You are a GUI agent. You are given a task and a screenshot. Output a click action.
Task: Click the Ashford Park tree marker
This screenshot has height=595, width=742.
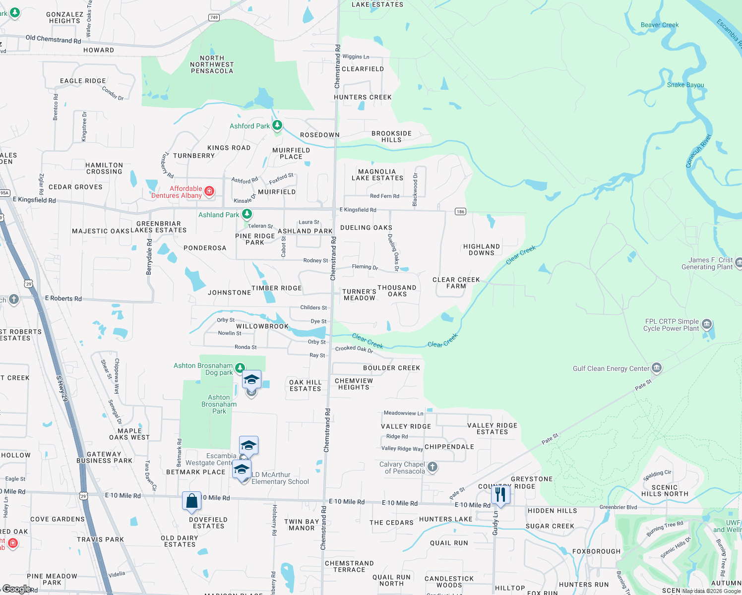277,125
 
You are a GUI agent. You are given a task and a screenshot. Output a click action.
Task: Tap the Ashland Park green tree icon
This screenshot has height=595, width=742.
247,214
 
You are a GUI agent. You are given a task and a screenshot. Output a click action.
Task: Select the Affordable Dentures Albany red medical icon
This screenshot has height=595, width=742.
209,191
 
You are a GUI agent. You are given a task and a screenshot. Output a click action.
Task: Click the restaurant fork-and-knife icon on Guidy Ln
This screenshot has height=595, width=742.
500,494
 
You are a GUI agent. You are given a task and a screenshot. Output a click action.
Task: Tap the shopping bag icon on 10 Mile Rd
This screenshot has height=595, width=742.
191,501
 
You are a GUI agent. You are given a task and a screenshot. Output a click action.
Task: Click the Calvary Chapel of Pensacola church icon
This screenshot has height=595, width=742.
433,467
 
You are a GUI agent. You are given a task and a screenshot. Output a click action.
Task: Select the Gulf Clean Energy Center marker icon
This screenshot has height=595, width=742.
657,367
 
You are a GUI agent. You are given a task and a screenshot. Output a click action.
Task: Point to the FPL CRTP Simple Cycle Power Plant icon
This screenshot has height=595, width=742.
707,324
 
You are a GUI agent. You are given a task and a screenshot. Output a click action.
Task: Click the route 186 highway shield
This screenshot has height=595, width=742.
460,212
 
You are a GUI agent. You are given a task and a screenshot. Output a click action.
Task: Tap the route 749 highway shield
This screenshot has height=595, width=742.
214,17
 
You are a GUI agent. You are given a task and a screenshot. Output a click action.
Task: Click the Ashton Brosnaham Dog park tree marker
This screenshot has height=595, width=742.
240,367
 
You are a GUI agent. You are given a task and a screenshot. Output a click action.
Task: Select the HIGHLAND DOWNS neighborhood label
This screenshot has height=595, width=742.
481,249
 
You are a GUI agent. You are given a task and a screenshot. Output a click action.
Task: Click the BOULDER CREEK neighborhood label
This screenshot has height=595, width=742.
391,368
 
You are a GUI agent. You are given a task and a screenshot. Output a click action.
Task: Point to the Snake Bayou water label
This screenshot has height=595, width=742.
685,85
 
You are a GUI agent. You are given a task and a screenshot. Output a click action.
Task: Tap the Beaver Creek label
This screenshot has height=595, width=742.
659,25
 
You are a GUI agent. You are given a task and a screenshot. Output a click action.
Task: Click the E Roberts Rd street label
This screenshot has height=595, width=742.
63,298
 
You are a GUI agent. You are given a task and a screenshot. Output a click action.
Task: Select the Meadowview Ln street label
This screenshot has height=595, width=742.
403,413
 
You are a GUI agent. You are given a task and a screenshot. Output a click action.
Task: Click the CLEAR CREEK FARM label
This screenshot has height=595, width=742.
456,283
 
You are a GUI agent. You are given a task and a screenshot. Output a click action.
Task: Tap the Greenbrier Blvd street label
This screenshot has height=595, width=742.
618,507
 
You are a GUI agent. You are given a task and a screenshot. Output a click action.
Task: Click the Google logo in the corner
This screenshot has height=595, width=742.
16,589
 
